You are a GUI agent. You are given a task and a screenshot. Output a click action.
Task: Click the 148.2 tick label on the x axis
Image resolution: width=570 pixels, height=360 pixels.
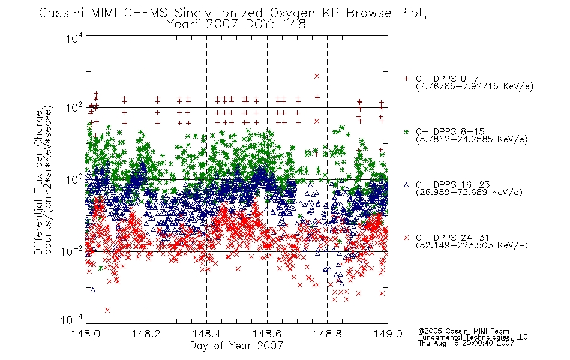(146, 334)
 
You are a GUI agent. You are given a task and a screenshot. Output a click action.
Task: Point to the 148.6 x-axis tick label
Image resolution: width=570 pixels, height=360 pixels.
(267, 334)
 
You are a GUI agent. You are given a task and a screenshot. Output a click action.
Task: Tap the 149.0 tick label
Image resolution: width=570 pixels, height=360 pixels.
(388, 334)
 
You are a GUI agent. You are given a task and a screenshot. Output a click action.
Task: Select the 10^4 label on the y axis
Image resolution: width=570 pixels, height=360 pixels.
(74, 38)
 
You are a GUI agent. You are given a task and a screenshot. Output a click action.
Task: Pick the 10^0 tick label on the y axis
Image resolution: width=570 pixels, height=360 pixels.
(74, 179)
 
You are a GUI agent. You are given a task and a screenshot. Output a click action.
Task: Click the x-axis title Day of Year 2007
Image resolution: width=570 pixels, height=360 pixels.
(236, 346)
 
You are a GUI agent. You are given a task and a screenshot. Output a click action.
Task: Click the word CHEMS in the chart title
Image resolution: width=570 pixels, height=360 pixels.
(145, 13)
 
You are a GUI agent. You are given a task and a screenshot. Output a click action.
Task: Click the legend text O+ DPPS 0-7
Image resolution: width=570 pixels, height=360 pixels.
(447, 79)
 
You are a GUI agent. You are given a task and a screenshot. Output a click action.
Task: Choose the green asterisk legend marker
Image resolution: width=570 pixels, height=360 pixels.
(406, 132)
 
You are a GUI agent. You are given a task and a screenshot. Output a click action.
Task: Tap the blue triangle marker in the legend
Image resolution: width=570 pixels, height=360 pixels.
(406, 185)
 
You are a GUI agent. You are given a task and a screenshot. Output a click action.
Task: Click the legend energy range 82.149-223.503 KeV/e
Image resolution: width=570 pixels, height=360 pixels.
(472, 245)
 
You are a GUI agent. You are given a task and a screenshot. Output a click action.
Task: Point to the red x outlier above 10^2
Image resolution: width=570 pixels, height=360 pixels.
(317, 76)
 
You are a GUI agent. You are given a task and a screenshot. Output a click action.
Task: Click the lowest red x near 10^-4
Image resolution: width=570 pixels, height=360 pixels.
(107, 310)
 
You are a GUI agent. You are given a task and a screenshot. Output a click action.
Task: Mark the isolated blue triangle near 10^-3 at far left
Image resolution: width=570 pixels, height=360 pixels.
(92, 290)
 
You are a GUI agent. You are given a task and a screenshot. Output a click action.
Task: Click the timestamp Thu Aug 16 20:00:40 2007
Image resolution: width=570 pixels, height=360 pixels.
(466, 343)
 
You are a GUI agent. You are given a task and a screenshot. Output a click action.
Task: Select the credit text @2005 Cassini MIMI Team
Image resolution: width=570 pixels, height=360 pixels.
(464, 331)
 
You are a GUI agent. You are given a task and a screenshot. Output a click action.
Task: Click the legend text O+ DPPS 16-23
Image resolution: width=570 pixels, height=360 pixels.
(453, 184)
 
